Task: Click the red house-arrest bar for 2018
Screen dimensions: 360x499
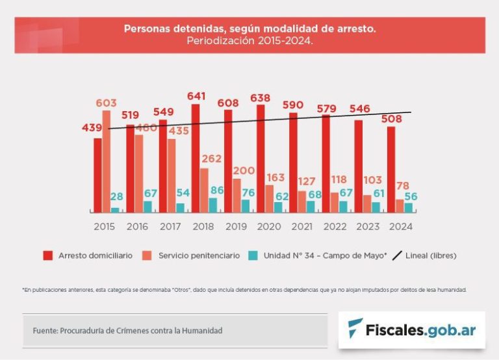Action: pos(196,158)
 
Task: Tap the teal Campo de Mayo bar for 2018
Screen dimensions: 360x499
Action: pos(212,205)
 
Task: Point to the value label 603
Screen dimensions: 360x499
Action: pos(106,103)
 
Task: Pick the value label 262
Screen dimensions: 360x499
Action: pos(212,159)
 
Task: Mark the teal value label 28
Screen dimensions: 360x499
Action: pos(116,197)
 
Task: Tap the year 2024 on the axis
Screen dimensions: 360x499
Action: pos(400,227)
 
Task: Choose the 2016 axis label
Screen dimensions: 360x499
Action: pos(136,227)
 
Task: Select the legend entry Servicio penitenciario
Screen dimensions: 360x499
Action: pos(192,255)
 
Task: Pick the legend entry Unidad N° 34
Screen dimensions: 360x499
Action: pos(318,255)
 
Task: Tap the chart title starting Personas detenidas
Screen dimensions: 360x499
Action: pos(249,29)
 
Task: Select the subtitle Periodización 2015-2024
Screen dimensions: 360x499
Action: pos(249,40)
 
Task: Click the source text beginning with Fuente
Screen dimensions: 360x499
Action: pos(127,331)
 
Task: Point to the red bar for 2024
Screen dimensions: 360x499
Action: pos(390,169)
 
